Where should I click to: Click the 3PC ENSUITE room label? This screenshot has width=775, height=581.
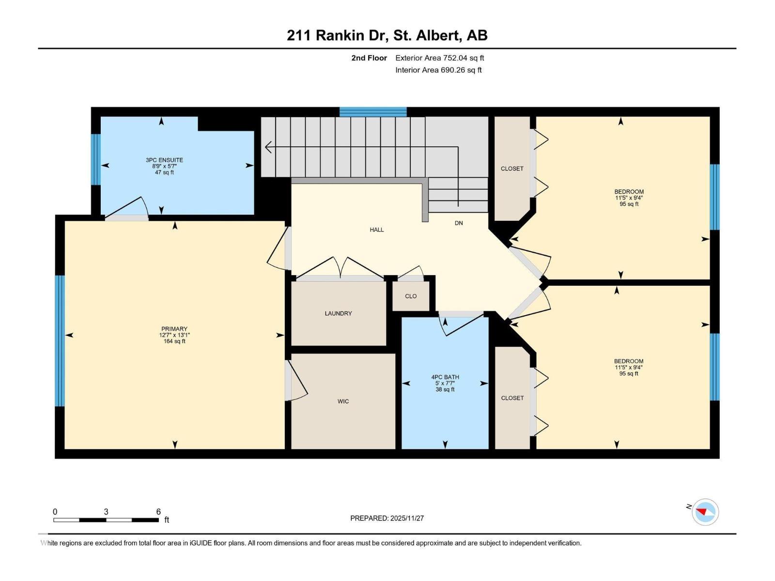click(164, 160)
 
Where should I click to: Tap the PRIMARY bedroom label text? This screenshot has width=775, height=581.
click(174, 329)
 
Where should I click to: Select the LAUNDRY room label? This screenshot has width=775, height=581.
click(338, 314)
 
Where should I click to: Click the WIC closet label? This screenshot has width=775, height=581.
click(343, 401)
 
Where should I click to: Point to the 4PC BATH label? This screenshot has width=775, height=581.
click(445, 377)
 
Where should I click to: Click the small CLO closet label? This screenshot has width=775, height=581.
click(411, 296)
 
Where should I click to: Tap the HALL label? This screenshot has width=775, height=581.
click(376, 230)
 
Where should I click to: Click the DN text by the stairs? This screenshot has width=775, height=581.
click(458, 223)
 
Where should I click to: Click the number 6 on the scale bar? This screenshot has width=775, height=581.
click(158, 512)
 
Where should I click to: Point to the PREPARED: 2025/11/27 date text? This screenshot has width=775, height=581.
click(387, 518)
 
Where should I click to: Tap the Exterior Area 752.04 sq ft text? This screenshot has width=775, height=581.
click(439, 58)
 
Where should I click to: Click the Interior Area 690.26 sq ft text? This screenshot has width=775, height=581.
click(438, 70)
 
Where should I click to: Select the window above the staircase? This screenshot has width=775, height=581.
click(372, 112)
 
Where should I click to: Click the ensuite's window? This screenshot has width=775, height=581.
click(95, 159)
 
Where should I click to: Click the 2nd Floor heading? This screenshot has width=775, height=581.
click(369, 58)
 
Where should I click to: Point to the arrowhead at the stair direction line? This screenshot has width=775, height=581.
click(267, 147)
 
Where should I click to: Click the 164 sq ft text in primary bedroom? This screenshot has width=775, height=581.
click(174, 341)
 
